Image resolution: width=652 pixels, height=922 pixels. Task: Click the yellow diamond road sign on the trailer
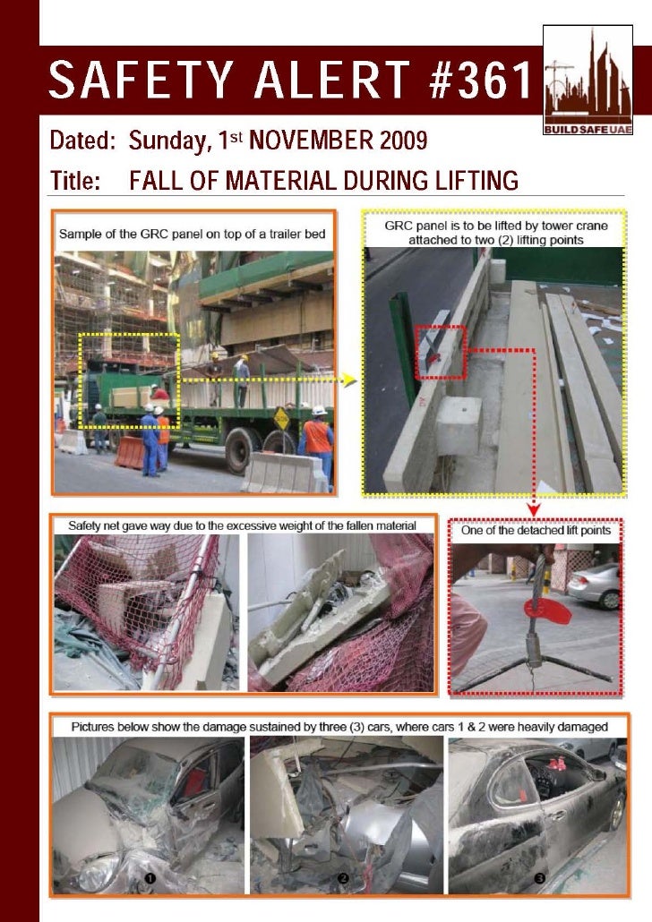coord(280,418)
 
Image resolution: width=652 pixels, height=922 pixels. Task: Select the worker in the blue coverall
coord(149,438)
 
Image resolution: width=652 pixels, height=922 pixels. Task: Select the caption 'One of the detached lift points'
coord(536,531)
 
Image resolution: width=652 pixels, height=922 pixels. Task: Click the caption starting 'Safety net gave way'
coord(242,525)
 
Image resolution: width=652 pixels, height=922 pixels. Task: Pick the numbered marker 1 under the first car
coord(151,879)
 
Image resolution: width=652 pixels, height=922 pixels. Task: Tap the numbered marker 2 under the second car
coord(342,879)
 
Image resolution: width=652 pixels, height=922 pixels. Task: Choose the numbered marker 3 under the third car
coord(539,879)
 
